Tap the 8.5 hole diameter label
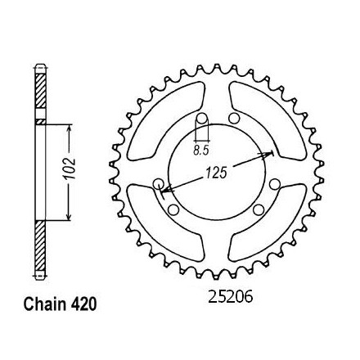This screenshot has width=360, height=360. point(201,151)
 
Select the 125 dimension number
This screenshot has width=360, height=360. point(216,173)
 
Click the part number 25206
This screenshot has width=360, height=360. point(231,297)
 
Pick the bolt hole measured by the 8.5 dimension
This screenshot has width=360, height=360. point(202,119)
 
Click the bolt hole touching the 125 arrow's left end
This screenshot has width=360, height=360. point(158,184)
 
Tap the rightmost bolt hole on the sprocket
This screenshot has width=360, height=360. point(274,184)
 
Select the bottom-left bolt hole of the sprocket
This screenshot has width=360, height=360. point(173,209)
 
